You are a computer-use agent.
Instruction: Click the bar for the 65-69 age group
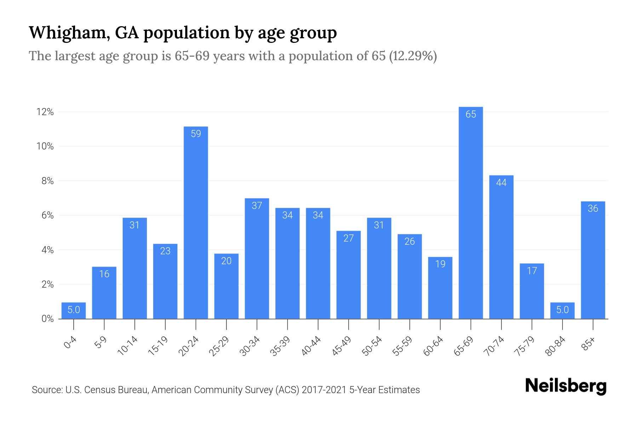click(x=471, y=212)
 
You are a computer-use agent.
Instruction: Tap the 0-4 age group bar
click(x=74, y=311)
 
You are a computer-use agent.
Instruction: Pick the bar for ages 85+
click(x=593, y=260)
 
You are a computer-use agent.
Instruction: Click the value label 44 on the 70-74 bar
click(x=501, y=183)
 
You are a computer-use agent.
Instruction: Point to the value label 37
click(x=257, y=205)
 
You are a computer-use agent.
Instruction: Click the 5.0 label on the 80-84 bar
click(x=562, y=310)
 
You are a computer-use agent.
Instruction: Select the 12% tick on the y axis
click(x=45, y=112)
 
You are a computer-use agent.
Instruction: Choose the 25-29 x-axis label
click(x=219, y=346)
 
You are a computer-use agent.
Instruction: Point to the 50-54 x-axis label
click(x=372, y=346)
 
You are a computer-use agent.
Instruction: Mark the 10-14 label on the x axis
click(x=127, y=346)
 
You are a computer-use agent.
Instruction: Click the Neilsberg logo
click(x=566, y=386)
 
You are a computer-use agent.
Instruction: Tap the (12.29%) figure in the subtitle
click(x=413, y=56)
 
